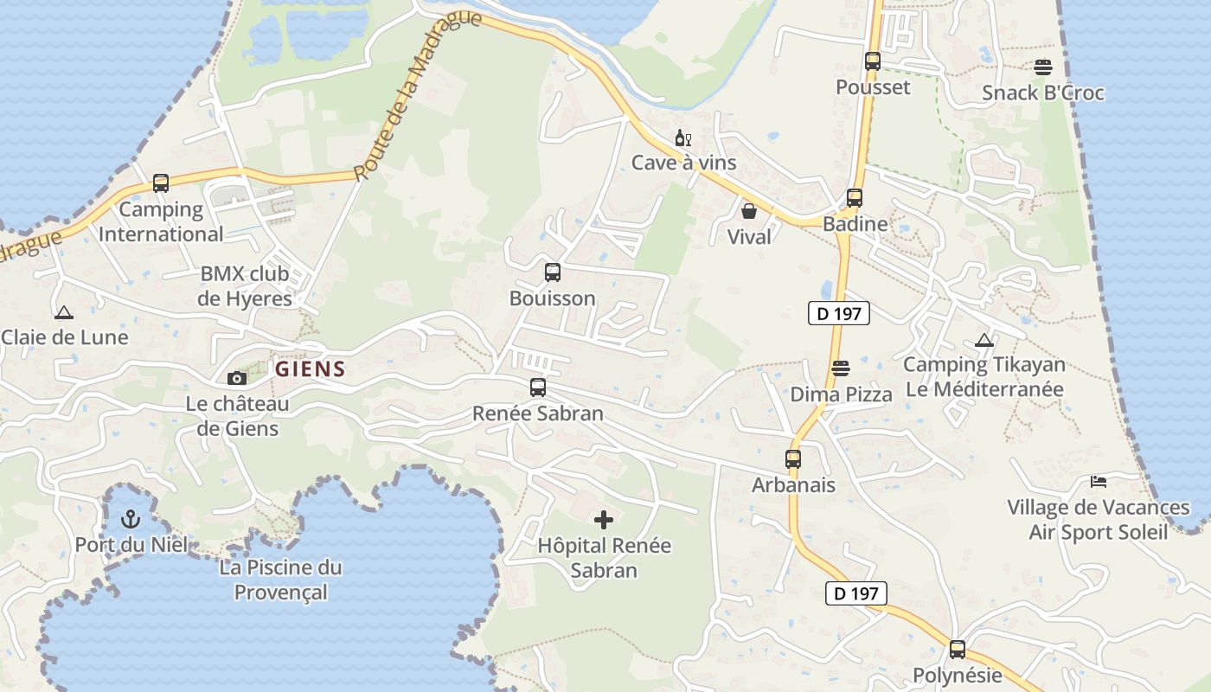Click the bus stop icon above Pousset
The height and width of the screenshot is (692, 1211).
click(872, 61)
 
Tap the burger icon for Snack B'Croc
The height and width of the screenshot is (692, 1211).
click(1043, 67)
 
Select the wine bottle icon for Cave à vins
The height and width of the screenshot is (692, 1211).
click(682, 138)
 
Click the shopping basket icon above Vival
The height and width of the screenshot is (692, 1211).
click(749, 211)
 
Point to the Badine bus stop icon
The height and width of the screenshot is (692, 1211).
click(855, 198)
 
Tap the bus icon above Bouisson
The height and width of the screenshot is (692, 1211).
click(553, 272)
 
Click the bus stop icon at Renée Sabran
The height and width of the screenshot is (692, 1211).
click(538, 388)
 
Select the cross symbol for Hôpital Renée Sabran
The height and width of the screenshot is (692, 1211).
click(604, 519)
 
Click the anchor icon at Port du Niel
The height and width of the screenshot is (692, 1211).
click(131, 519)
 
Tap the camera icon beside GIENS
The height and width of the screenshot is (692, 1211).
click(236, 378)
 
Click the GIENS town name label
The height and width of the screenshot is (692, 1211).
click(311, 369)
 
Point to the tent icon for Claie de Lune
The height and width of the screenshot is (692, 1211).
click(63, 312)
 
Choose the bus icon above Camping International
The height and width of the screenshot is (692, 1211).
click(161, 183)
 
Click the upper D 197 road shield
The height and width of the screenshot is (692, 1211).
click(838, 313)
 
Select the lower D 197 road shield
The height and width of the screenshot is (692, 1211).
click(855, 593)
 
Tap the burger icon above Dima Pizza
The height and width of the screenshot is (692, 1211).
click(840, 368)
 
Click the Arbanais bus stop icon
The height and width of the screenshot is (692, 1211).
click(793, 459)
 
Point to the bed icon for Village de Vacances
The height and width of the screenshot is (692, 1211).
click(1098, 481)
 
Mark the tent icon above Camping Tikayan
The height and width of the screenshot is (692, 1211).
click(984, 340)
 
